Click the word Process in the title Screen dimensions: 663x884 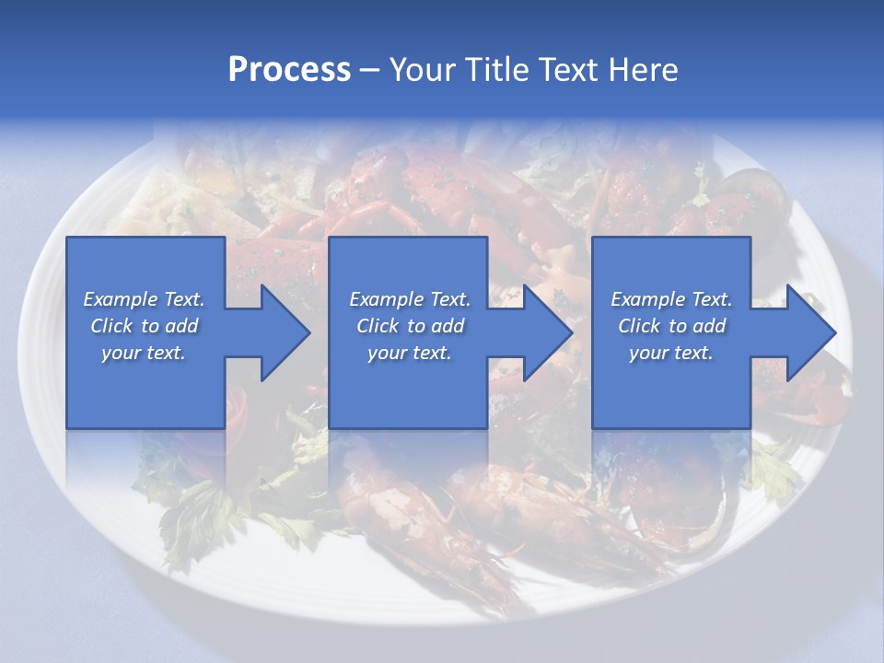[x=289, y=70]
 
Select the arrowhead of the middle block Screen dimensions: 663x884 [x=546, y=332]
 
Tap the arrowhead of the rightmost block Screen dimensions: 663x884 [x=809, y=332]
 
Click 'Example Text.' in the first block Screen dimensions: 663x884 [x=144, y=299]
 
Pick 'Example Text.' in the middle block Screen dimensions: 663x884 [x=410, y=299]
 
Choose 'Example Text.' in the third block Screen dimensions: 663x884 [x=671, y=299]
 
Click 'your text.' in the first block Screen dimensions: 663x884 [x=144, y=353]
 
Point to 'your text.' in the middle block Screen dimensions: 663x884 [x=410, y=353]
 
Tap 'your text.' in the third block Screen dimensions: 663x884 [x=671, y=353]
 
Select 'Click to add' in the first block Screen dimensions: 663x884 [x=144, y=326]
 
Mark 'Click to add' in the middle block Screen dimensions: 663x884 [x=410, y=326]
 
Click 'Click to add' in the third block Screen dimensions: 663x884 [x=671, y=326]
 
